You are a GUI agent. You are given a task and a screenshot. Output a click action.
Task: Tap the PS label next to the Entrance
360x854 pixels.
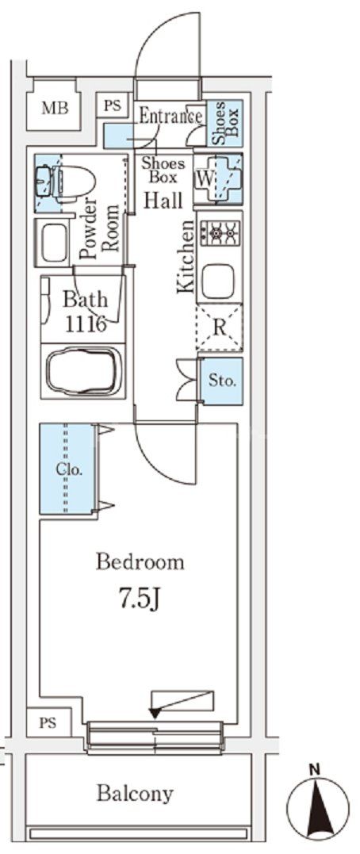pos(113,105)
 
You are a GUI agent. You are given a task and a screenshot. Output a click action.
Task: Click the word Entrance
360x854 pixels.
pos(171,116)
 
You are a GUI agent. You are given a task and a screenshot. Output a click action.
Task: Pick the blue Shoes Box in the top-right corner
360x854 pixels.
pos(225,124)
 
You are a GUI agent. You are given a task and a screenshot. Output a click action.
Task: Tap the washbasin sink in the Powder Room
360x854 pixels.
pos(54,242)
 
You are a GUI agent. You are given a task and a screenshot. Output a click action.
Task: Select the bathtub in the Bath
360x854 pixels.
pos(83,371)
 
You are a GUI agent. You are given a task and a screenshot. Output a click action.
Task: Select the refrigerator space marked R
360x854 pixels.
pos(220,327)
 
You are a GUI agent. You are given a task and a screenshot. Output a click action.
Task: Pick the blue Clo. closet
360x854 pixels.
pos(67,469)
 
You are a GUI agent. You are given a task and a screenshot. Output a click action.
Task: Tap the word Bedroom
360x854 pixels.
pos(140,562)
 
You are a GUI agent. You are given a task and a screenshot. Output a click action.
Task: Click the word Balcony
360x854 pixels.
pos(135,793)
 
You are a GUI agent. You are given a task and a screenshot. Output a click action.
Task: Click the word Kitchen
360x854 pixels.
pos(186,257)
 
